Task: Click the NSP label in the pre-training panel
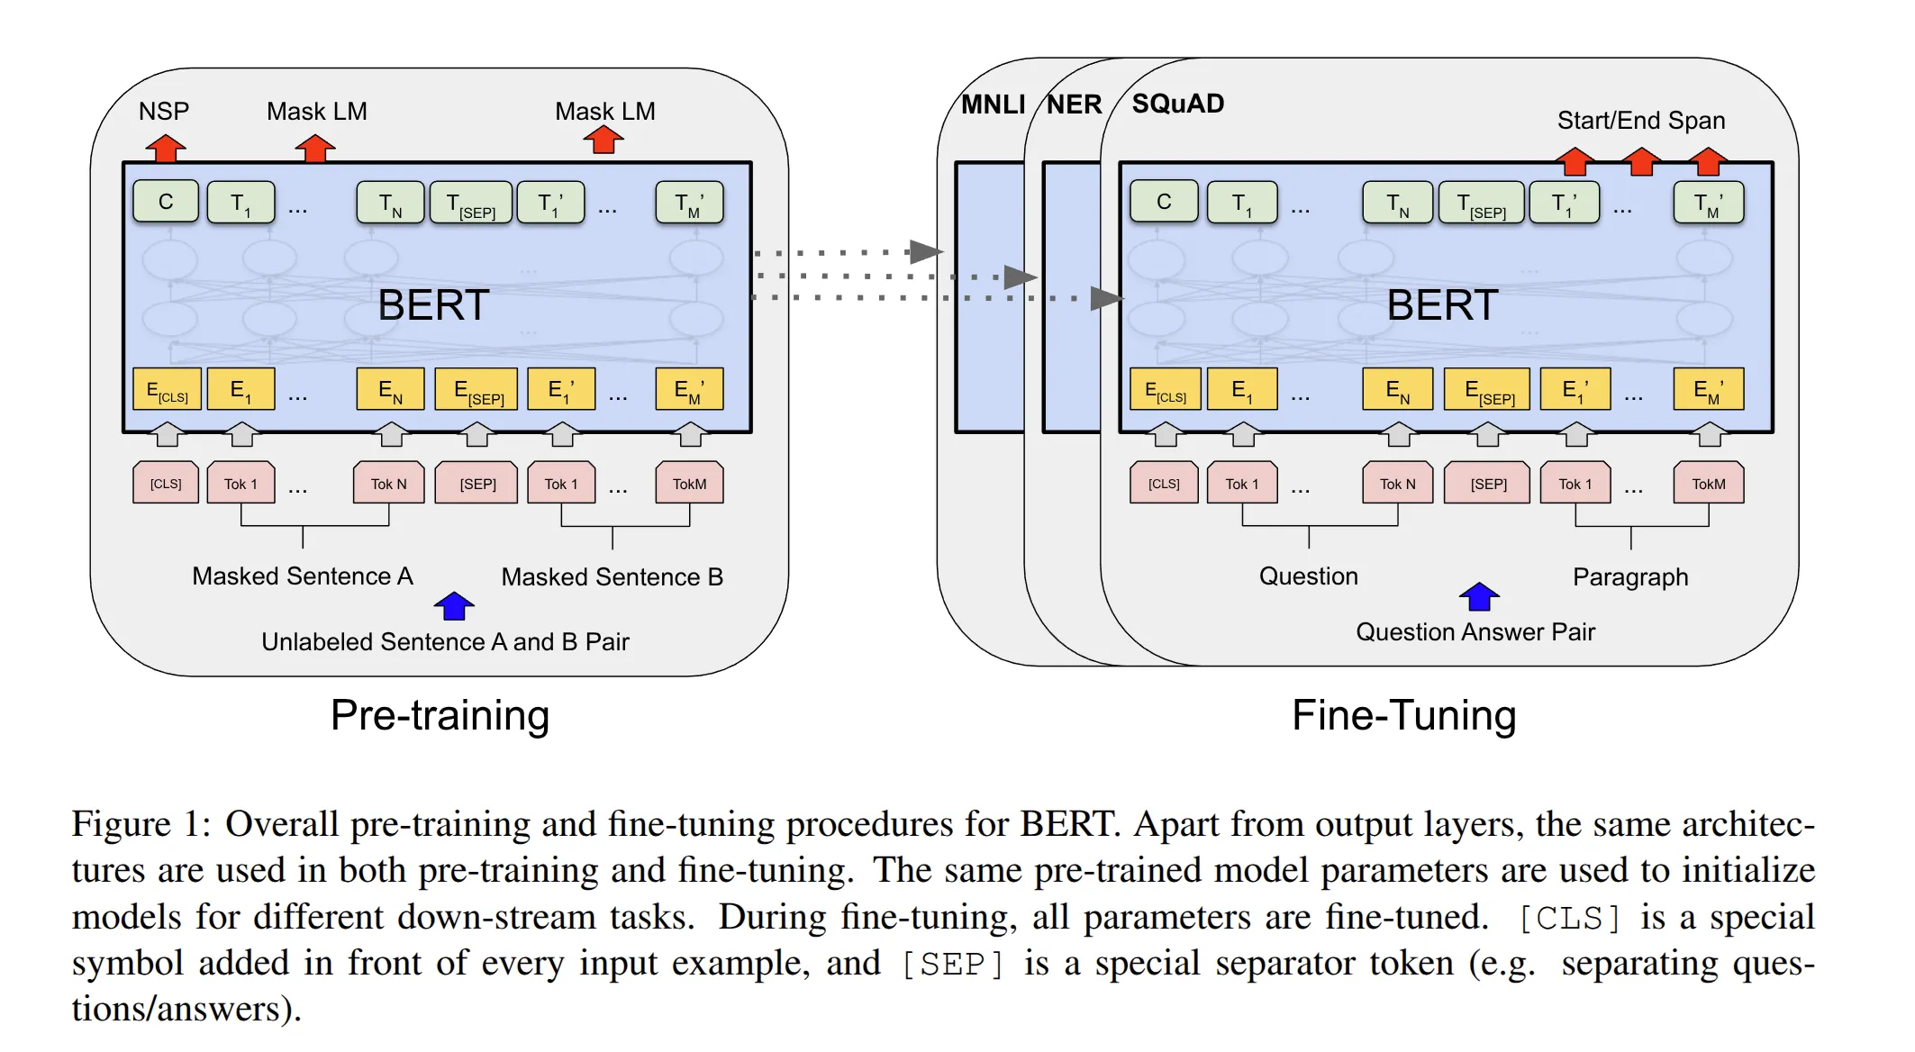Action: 164,112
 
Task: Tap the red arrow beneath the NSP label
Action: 166,148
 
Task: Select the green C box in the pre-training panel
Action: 166,202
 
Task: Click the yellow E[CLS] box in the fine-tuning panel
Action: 1165,390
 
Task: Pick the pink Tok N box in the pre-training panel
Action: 388,484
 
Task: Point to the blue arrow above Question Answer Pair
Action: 1478,596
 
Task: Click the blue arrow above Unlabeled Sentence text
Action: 454,605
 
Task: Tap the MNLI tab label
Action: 993,105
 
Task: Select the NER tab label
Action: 1074,105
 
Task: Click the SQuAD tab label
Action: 1177,104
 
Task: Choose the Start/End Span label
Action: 1640,121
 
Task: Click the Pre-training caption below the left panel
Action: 440,716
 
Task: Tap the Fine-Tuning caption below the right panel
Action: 1403,716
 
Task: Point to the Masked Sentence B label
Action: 612,577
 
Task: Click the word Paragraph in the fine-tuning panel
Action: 1629,577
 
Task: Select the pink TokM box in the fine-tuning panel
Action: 1708,484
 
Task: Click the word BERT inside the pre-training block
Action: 433,305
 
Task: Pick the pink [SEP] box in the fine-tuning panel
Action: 1488,484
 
